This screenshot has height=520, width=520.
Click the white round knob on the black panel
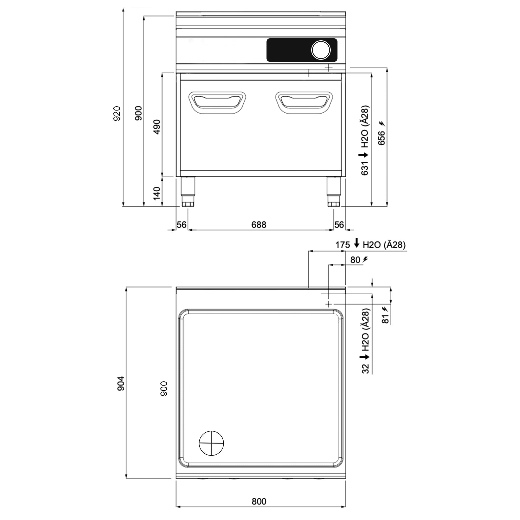tap(321, 50)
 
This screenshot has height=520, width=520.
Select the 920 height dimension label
tap(116, 113)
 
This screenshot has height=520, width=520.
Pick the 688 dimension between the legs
tap(259, 224)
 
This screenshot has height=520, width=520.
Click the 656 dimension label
tap(381, 138)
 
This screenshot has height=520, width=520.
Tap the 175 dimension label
tap(342, 245)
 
